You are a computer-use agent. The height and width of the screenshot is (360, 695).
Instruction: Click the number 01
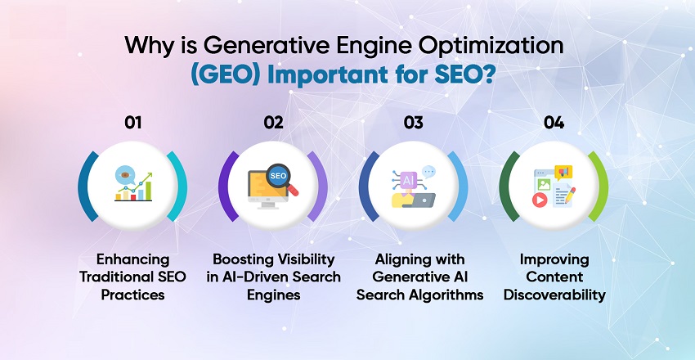(133, 123)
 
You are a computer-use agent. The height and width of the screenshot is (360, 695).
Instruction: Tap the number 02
(273, 123)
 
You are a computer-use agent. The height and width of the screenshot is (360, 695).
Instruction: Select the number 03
(413, 123)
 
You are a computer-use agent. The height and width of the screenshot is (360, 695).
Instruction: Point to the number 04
(554, 123)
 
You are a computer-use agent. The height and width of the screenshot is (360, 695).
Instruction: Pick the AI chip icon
(406, 178)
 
